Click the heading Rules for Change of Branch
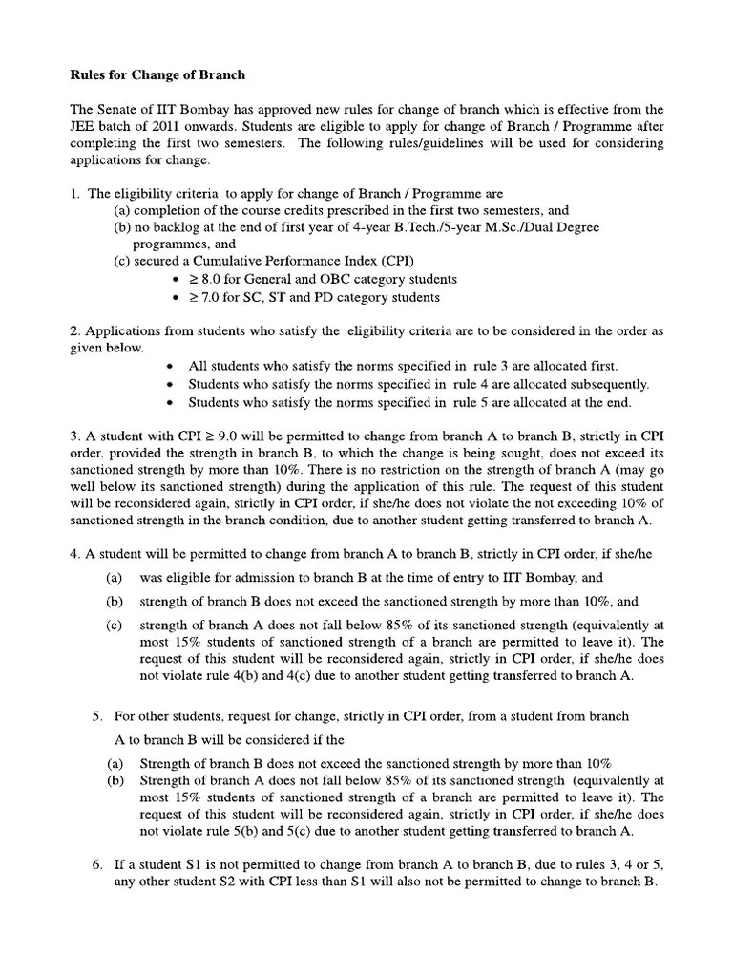coord(157,74)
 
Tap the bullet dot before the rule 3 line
coord(170,366)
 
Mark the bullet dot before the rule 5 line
coord(170,401)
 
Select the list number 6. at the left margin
coord(97,864)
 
